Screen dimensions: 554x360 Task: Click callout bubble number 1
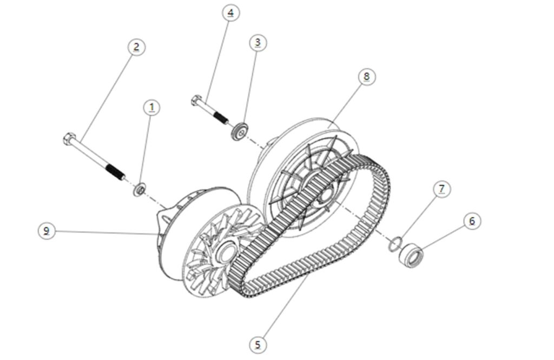coord(152,108)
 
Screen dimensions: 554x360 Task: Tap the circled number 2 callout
coord(136,46)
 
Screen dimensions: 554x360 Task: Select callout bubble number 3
coord(258,43)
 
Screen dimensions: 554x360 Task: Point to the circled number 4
coord(230,13)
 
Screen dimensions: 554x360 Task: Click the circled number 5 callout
coord(258,344)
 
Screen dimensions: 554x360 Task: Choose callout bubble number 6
coord(472,221)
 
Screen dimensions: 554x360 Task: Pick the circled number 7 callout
coord(442,189)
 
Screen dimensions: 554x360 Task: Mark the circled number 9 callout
coord(47,231)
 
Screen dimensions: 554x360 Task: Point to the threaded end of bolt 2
coord(115,171)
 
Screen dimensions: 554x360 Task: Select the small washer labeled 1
coord(139,190)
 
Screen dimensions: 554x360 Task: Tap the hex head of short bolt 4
coord(196,101)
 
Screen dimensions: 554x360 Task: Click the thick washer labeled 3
coord(239,132)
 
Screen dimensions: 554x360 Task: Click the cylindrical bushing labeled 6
coord(411,255)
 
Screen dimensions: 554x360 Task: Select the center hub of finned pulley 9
coord(225,253)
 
